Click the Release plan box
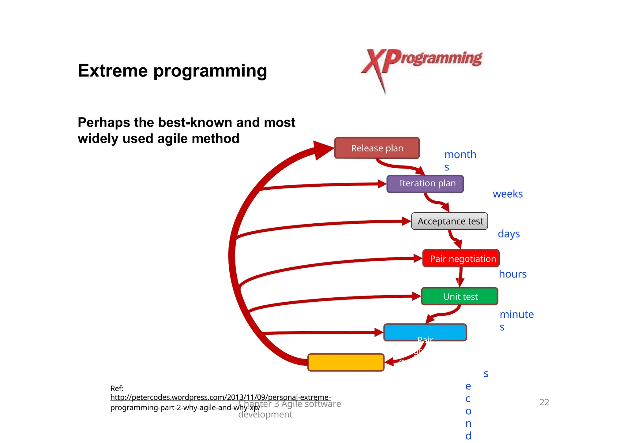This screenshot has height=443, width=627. point(377,148)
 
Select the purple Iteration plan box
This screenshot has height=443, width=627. point(425,184)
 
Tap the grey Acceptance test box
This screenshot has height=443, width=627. point(449,221)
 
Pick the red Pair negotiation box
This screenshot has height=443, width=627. point(461,259)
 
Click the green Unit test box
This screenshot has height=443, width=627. point(460,296)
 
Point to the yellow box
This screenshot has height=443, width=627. point(346,363)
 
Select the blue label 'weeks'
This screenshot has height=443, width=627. point(508,194)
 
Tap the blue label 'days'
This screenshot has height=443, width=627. point(509,234)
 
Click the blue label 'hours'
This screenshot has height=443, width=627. point(512,274)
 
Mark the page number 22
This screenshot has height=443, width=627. point(544,402)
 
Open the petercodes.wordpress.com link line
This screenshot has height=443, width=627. point(220,397)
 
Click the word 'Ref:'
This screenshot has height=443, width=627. point(117,388)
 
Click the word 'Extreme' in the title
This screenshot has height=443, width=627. point(113,71)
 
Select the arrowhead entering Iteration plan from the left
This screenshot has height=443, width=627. point(382,184)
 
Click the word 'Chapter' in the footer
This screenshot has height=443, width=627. point(255,404)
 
